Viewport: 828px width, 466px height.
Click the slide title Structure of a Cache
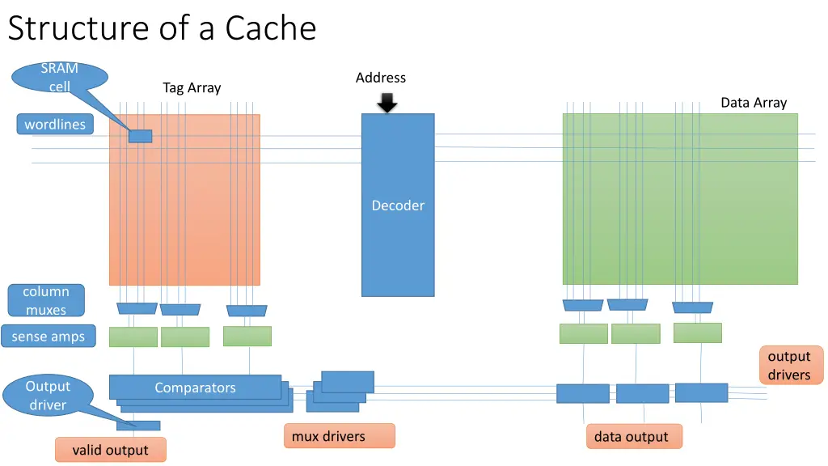pyautogui.click(x=162, y=28)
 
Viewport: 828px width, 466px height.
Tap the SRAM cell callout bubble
pyautogui.click(x=60, y=78)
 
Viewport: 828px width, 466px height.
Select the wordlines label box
pyautogui.click(x=55, y=124)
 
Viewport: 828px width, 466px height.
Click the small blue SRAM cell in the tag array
pyautogui.click(x=140, y=136)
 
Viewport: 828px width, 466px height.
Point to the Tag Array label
pyautogui.click(x=192, y=87)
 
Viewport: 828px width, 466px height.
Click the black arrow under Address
pyautogui.click(x=387, y=103)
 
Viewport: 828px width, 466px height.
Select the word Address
pyautogui.click(x=380, y=78)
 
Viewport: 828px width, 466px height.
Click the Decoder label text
pyautogui.click(x=398, y=205)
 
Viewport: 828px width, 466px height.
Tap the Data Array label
pyautogui.click(x=754, y=102)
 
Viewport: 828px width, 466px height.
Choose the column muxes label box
pyautogui.click(x=46, y=300)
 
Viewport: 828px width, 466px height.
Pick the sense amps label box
pyautogui.click(x=48, y=337)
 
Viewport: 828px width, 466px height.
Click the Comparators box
pyautogui.click(x=195, y=388)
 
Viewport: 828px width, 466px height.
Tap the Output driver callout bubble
pyautogui.click(x=48, y=396)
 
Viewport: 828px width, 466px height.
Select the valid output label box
pyautogui.click(x=110, y=450)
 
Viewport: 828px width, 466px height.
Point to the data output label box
pyautogui.click(x=632, y=437)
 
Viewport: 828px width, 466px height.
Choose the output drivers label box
pyautogui.click(x=789, y=366)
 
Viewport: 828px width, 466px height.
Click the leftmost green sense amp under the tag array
pyautogui.click(x=133, y=337)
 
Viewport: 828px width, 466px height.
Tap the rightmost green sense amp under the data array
pyautogui.click(x=697, y=333)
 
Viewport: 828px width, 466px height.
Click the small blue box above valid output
pyautogui.click(x=138, y=426)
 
